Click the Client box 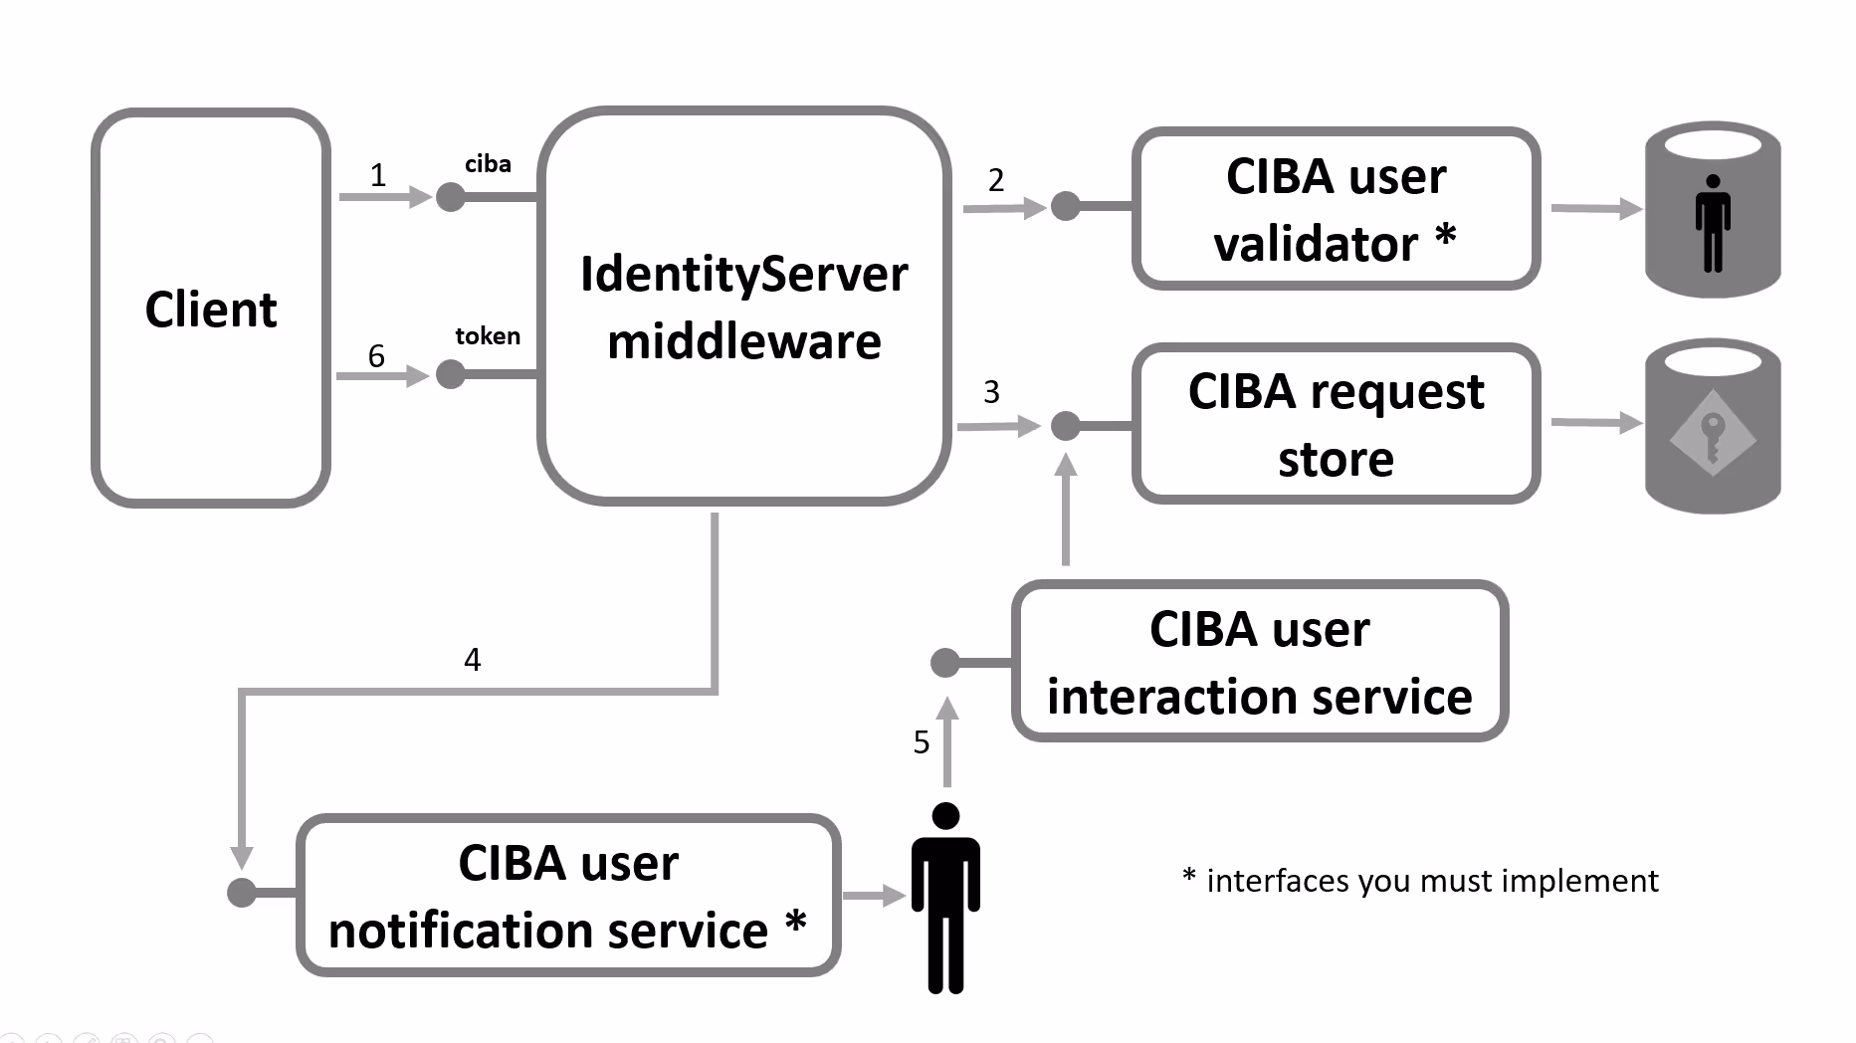[x=211, y=309]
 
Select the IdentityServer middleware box [x=743, y=307]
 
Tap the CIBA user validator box [x=1336, y=210]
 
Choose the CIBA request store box [x=1336, y=424]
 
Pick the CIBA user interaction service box [x=1259, y=662]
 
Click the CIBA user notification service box [x=568, y=896]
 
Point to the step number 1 [x=378, y=176]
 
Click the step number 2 [x=996, y=181]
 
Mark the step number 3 [x=991, y=392]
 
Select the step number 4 [x=473, y=660]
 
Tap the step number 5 [x=922, y=742]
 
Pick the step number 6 [x=376, y=356]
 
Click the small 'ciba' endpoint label [x=488, y=164]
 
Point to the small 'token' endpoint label [x=488, y=336]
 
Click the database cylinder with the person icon [x=1712, y=210]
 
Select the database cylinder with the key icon [x=1712, y=428]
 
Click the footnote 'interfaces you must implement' [x=1420, y=881]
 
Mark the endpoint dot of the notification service [x=242, y=893]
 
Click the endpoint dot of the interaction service [x=944, y=662]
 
